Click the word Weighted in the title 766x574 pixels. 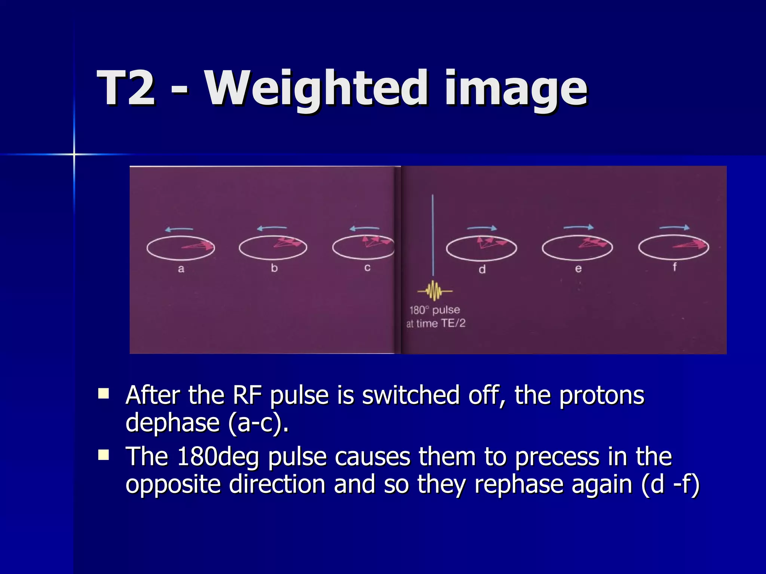(x=316, y=89)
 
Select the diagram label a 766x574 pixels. (x=181, y=269)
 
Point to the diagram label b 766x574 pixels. (x=274, y=268)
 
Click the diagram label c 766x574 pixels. (x=367, y=267)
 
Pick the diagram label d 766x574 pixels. (x=482, y=269)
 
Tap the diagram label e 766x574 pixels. (x=578, y=268)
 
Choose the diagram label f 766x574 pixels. (x=675, y=266)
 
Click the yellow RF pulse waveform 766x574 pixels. (x=435, y=290)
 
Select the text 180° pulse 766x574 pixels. (x=435, y=310)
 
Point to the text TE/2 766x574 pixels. (x=453, y=323)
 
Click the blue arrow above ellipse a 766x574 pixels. (x=179, y=229)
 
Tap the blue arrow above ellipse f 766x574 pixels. (x=674, y=227)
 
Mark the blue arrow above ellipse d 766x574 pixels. (x=482, y=228)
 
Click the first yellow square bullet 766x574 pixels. (x=103, y=394)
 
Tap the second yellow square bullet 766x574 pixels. (x=103, y=455)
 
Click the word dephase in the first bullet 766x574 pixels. (x=172, y=422)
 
